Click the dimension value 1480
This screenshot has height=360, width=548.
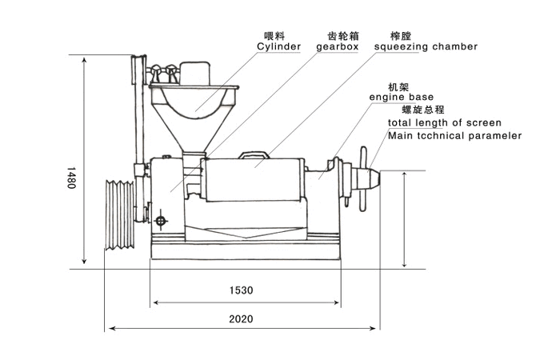point(72,177)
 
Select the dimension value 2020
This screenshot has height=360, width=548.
point(241,318)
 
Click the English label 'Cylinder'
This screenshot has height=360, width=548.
point(278,46)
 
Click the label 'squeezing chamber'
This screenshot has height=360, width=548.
point(426,46)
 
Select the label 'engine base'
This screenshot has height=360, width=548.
point(401,97)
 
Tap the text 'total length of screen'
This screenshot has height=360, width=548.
point(445,122)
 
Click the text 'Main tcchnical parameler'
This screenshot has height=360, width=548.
point(454,135)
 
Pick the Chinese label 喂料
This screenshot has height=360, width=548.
point(274,35)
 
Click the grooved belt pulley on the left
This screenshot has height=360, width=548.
point(118,214)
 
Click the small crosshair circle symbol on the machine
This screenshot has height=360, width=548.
point(162,220)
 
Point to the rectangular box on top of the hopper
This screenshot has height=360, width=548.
point(194,74)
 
